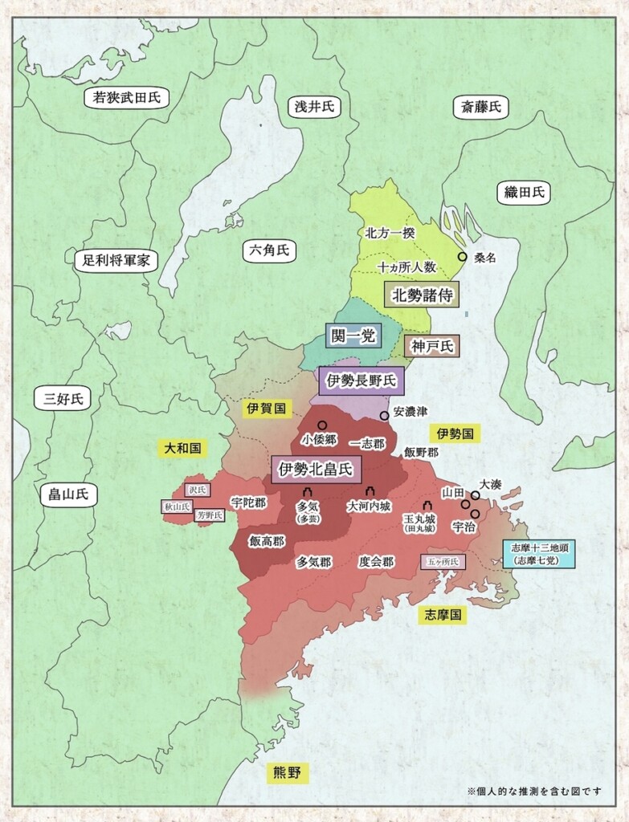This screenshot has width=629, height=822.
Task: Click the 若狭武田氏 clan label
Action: click(x=127, y=99)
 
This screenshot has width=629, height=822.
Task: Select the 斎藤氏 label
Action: click(x=480, y=107)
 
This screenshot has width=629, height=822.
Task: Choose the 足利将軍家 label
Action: click(x=116, y=260)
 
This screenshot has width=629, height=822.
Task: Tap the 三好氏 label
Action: click(x=63, y=397)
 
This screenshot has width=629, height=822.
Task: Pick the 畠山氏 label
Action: click(x=68, y=494)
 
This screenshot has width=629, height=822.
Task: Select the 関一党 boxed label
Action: click(x=353, y=336)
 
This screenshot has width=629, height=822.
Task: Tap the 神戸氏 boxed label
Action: click(x=431, y=347)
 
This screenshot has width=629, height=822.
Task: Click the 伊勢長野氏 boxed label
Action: click(x=361, y=380)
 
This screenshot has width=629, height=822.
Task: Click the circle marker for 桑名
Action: click(x=462, y=257)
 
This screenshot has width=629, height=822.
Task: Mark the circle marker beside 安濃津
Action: click(x=384, y=415)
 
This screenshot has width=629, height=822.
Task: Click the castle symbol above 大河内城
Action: click(x=370, y=491)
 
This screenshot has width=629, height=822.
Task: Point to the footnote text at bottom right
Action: click(x=535, y=791)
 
